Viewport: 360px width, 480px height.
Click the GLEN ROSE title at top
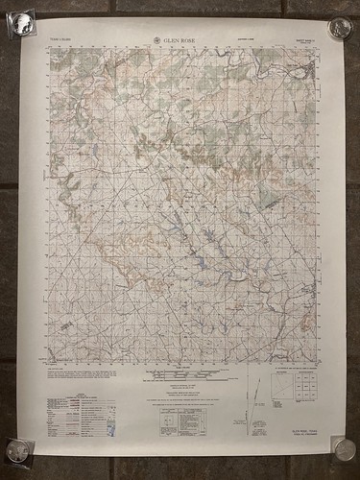(x=183, y=40)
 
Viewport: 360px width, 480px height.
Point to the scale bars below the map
(x=181, y=372)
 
